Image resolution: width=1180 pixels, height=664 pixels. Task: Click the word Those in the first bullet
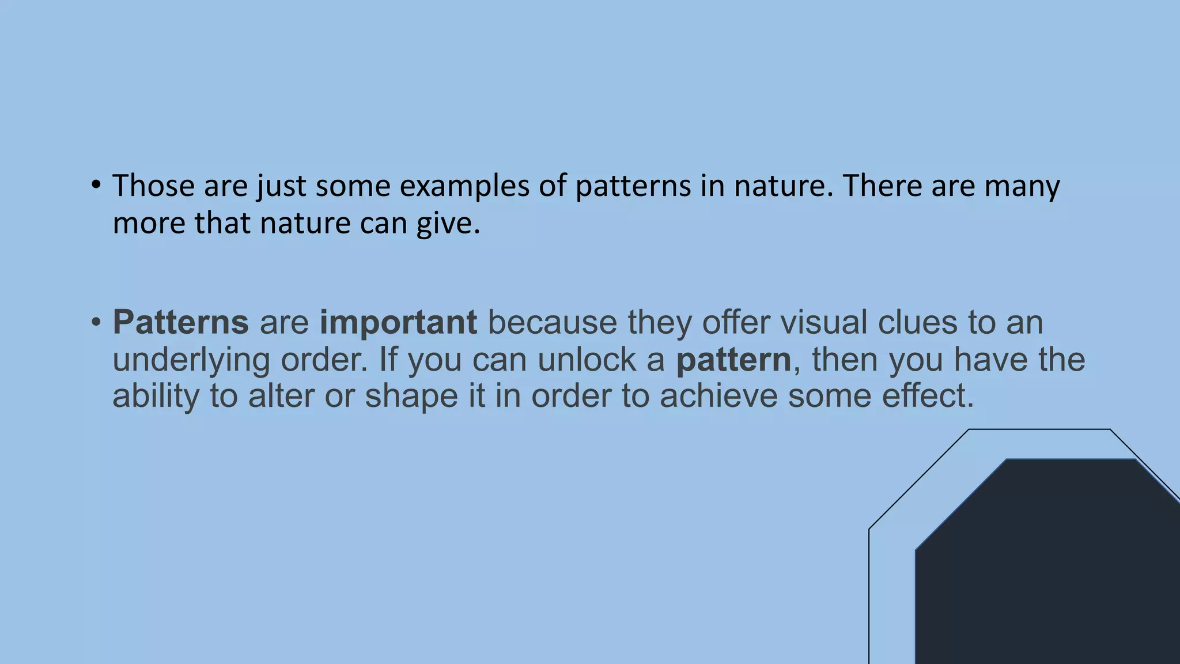(x=153, y=186)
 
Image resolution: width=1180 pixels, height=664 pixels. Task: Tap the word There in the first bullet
(x=882, y=186)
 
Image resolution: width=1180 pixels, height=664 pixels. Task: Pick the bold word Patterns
(x=180, y=322)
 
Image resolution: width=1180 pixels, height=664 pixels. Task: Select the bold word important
(x=398, y=323)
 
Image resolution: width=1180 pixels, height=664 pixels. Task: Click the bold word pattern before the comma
(x=733, y=360)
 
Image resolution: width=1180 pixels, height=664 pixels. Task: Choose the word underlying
(x=191, y=361)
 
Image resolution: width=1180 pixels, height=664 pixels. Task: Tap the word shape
(x=411, y=397)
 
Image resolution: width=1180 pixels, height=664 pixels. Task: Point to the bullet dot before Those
(x=96, y=186)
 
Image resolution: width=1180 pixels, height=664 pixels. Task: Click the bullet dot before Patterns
(x=96, y=322)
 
